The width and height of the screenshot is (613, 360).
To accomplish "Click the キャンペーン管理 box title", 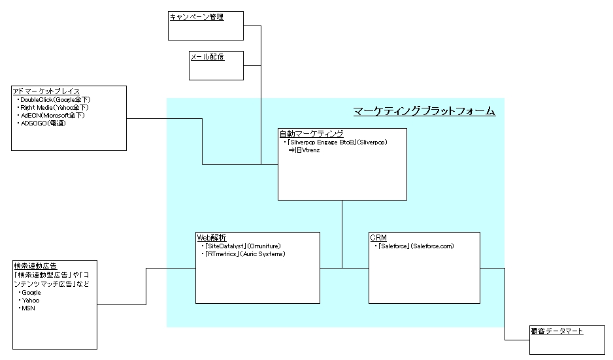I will (196, 17).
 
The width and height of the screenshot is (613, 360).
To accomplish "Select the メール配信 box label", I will (207, 57).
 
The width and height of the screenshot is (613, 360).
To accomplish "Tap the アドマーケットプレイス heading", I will (46, 91).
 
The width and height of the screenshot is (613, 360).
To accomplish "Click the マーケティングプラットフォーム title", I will (424, 111).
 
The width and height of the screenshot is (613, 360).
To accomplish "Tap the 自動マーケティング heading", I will (312, 134).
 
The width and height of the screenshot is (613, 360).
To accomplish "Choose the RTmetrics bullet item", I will (244, 254).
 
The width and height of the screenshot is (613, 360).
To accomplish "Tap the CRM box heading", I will (378, 238).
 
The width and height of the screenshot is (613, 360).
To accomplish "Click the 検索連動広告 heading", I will (35, 266).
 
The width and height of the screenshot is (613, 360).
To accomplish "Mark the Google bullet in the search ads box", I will (31, 293).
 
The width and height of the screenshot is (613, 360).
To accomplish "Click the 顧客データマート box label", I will (557, 331).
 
